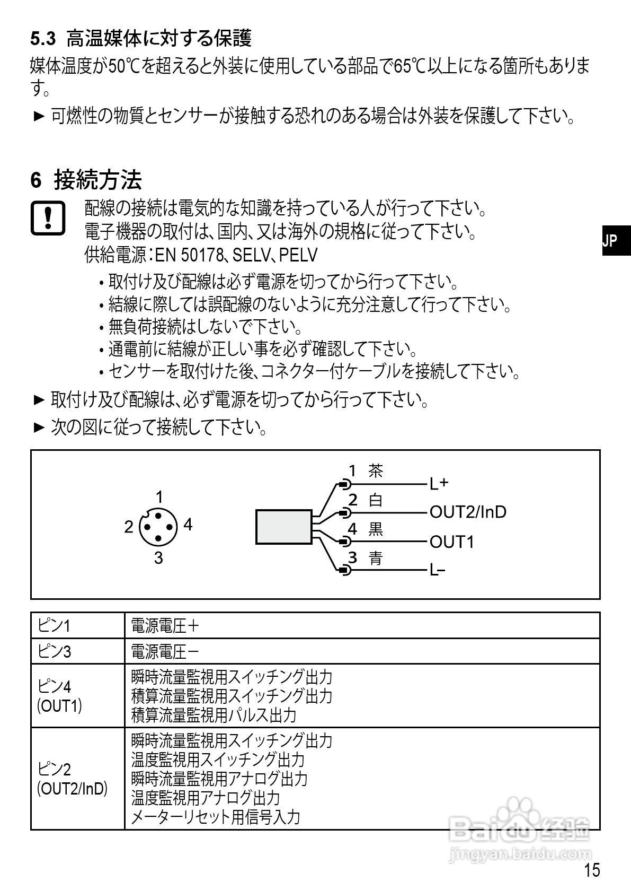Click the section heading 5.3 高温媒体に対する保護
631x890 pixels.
(140, 38)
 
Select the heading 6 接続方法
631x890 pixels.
(86, 180)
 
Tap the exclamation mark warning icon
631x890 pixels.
(48, 217)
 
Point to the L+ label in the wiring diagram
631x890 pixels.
(439, 483)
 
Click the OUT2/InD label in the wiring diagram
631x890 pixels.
(468, 512)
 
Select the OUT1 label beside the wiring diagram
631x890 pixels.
(451, 542)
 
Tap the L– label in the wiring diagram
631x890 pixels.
(438, 571)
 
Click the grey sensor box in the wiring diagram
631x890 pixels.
(284, 527)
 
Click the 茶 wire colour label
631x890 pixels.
(376, 470)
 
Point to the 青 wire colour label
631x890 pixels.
(376, 557)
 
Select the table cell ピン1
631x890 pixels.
(54, 626)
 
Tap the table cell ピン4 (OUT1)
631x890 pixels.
(59, 696)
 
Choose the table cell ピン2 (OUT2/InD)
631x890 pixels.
(72, 779)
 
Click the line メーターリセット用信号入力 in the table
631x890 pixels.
(215, 817)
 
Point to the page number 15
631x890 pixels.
(592, 870)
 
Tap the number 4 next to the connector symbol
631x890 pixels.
(188, 525)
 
